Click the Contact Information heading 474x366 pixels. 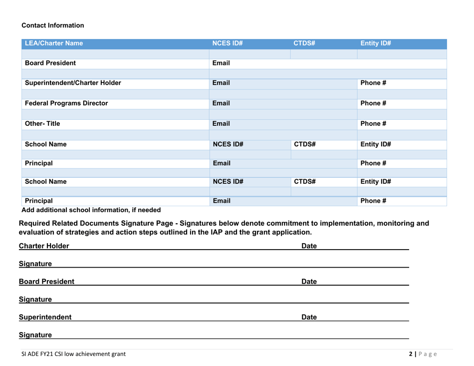pos(53,25)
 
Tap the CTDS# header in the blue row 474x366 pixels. pos(305,43)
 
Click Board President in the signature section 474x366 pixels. pos(47,281)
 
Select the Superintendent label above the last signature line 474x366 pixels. pos(45,317)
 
